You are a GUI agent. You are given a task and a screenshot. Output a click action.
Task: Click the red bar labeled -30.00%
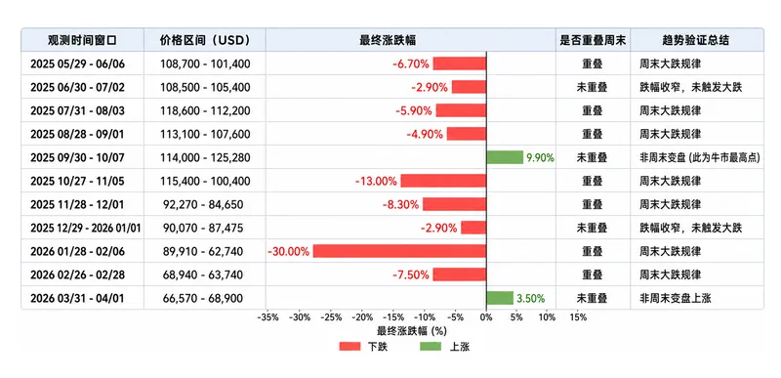tap(399, 251)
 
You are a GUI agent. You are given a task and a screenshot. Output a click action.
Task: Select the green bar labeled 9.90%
tap(505, 157)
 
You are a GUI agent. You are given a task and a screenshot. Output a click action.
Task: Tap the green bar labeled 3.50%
tap(500, 298)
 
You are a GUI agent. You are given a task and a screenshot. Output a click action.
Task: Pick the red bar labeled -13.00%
tap(443, 181)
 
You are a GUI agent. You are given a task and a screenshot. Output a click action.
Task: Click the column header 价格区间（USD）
tap(205, 40)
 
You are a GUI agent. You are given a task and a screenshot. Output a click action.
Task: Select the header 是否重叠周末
tap(593, 40)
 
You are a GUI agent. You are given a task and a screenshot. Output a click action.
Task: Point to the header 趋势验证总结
tap(696, 40)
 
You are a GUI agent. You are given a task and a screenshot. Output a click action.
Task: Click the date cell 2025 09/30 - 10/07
tap(77, 157)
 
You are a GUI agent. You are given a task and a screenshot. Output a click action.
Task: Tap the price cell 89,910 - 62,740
tap(203, 251)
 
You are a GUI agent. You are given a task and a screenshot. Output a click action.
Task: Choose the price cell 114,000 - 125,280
tap(205, 157)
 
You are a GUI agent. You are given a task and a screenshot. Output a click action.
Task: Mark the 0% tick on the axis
tap(486, 317)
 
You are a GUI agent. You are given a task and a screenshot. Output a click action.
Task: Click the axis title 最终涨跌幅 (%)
tap(411, 331)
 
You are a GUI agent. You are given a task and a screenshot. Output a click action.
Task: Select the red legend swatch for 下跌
tap(349, 347)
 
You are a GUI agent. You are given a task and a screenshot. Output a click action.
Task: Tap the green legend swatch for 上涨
tap(431, 347)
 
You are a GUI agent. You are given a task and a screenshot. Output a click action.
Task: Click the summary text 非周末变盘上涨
tap(676, 298)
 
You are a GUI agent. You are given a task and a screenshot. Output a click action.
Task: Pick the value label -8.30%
tap(400, 204)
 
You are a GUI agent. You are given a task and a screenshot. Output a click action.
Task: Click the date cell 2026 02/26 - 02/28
tap(77, 274)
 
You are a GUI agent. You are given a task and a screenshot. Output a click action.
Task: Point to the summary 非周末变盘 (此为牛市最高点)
tap(700, 157)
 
